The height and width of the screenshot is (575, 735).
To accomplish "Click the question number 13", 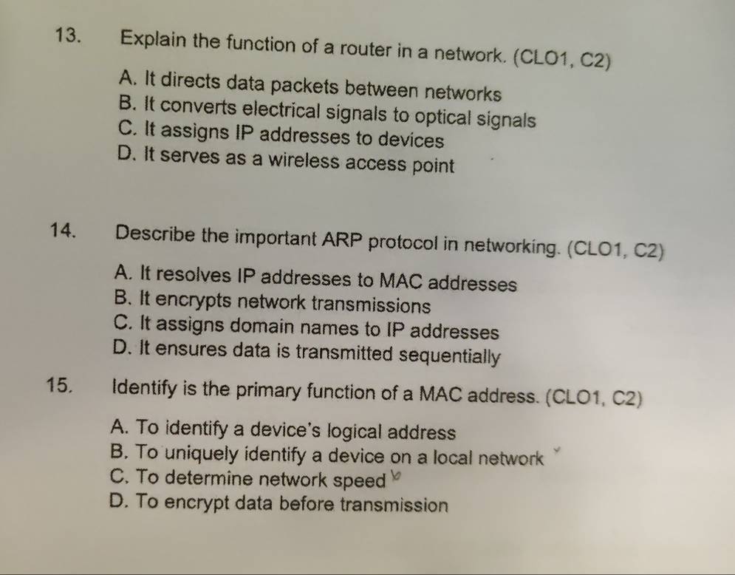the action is (x=67, y=35).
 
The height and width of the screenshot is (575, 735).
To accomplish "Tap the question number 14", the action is (x=62, y=231).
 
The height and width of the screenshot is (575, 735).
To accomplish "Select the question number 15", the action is (x=60, y=385).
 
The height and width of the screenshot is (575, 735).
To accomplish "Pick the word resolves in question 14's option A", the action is (x=194, y=275).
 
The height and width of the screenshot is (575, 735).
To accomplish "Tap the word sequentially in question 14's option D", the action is (x=450, y=356).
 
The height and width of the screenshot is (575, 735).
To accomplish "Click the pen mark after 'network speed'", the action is (x=397, y=477).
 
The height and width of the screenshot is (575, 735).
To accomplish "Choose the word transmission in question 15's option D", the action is (x=394, y=505).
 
